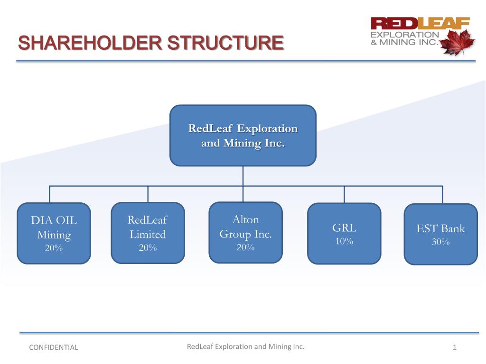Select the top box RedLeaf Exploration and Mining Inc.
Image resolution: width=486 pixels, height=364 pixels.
pyautogui.click(x=243, y=136)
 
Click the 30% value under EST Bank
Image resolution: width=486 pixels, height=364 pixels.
pyautogui.click(x=440, y=242)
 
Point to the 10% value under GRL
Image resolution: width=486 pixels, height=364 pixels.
pyautogui.click(x=344, y=241)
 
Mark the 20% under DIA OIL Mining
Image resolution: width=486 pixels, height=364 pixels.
pyautogui.click(x=54, y=248)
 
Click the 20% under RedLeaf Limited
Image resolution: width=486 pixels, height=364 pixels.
pyautogui.click(x=148, y=247)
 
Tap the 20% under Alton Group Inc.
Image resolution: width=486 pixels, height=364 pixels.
pyautogui.click(x=245, y=247)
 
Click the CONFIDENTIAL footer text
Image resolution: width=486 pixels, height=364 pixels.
pyautogui.click(x=53, y=347)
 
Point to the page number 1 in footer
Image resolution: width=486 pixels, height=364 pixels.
pyautogui.click(x=454, y=348)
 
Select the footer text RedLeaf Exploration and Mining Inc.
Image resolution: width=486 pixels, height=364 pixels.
pyautogui.click(x=245, y=346)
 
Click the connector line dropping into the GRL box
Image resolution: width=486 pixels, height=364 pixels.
pyautogui.click(x=344, y=194)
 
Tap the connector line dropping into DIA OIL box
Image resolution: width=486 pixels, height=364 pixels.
pyautogui.click(x=50, y=194)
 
